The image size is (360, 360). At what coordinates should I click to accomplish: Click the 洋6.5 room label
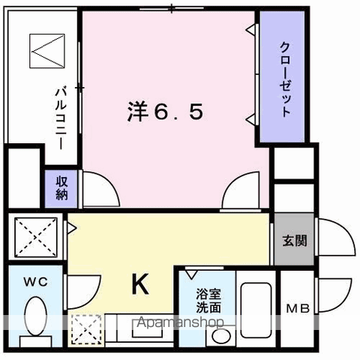coord(165,112)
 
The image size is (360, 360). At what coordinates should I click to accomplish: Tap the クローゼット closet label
coord(285,79)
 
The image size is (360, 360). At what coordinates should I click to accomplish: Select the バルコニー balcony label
coord(61,118)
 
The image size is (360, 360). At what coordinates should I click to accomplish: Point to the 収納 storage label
coord(61,187)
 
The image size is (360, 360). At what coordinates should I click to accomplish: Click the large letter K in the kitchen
coord(140,283)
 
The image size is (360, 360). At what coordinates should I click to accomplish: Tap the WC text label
coord(36,282)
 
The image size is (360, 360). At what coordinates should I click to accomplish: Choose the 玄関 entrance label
coord(295,241)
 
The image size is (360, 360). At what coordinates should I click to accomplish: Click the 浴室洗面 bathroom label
coord(208,301)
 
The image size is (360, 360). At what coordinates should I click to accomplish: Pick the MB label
coord(298,308)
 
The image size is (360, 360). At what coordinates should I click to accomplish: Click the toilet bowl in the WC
coord(36,316)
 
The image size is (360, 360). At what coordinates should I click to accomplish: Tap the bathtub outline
coord(256,310)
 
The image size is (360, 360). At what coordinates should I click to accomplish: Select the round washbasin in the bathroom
coord(221,336)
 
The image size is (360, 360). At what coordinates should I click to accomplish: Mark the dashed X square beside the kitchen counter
coord(86,329)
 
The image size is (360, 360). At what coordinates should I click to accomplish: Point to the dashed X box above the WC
coord(36,237)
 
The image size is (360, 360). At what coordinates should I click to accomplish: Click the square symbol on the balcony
coord(47,51)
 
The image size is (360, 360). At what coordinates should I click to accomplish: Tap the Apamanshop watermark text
coord(180,322)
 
